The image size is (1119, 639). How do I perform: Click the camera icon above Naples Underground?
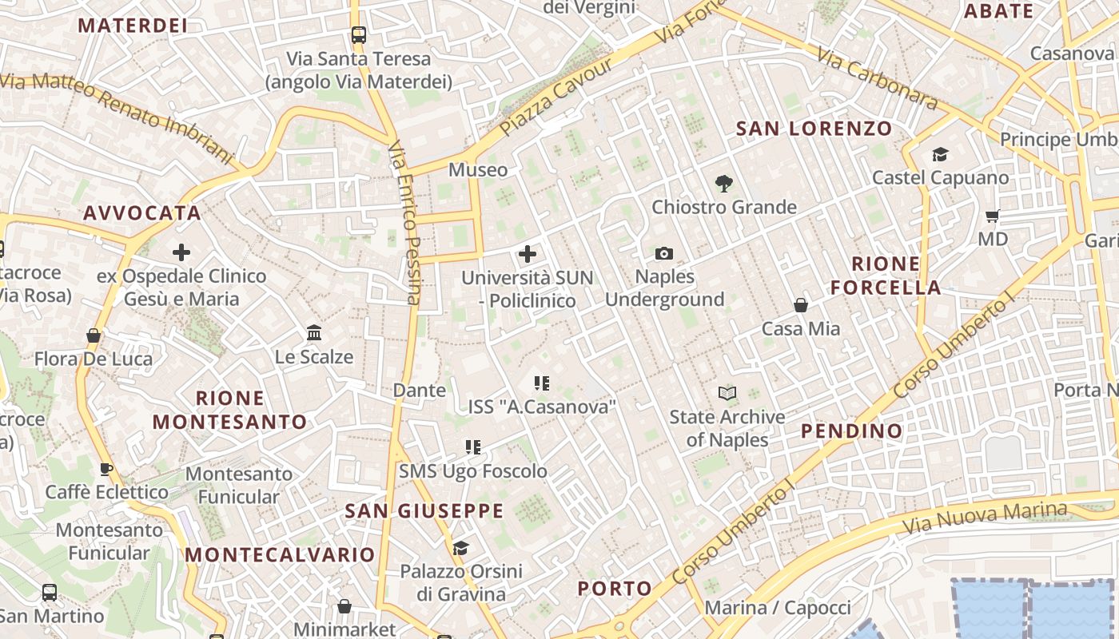[x=663, y=254]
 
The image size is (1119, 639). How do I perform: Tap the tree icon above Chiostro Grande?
[x=724, y=184]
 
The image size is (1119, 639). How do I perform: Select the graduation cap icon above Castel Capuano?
[x=940, y=154]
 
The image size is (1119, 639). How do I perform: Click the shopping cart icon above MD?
[x=993, y=216]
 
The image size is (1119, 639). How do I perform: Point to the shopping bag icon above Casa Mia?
[x=800, y=305]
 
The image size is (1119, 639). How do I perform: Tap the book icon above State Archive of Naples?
[x=727, y=393]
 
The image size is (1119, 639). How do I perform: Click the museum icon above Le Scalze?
[x=314, y=332]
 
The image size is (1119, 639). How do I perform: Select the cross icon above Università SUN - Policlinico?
[x=527, y=255]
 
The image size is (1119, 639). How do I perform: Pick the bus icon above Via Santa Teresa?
[x=358, y=35]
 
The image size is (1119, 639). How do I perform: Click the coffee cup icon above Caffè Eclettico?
[x=106, y=469]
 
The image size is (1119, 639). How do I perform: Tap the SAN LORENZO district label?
[x=814, y=129]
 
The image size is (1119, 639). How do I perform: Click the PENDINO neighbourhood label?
[x=851, y=431]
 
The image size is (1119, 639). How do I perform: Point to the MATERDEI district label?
[x=133, y=26]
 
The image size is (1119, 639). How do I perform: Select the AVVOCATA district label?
[x=141, y=213]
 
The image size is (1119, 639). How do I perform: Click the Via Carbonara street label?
[x=877, y=77]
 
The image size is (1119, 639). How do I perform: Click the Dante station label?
[x=419, y=391]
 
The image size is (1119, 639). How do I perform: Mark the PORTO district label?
[x=615, y=589]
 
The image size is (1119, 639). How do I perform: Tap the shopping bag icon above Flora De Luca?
[x=94, y=335]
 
